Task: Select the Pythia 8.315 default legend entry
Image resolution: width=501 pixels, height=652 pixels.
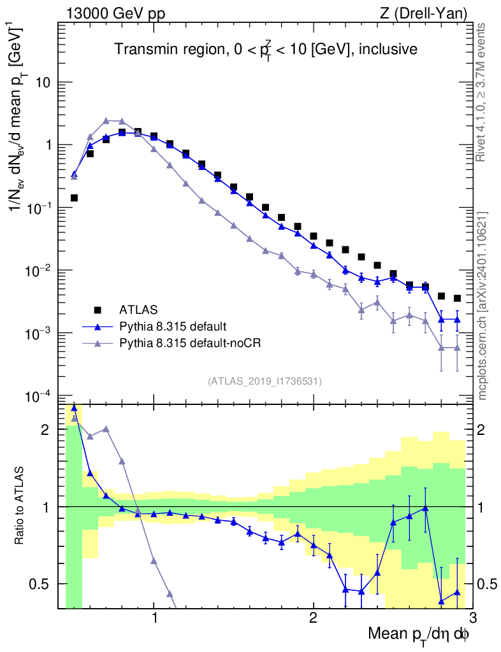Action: coord(173,327)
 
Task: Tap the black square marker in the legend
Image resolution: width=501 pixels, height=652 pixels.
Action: coord(98,310)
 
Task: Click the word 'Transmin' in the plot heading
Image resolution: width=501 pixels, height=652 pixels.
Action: coord(142,49)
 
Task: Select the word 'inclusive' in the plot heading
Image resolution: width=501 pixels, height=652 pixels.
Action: coord(385,49)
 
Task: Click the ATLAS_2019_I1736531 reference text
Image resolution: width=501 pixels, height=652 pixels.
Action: coord(265,381)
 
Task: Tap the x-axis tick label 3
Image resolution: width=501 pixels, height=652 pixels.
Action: coord(472,618)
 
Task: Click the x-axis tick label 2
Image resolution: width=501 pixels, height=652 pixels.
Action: coord(313,618)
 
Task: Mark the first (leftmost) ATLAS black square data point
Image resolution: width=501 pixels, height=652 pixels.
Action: coord(74,198)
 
